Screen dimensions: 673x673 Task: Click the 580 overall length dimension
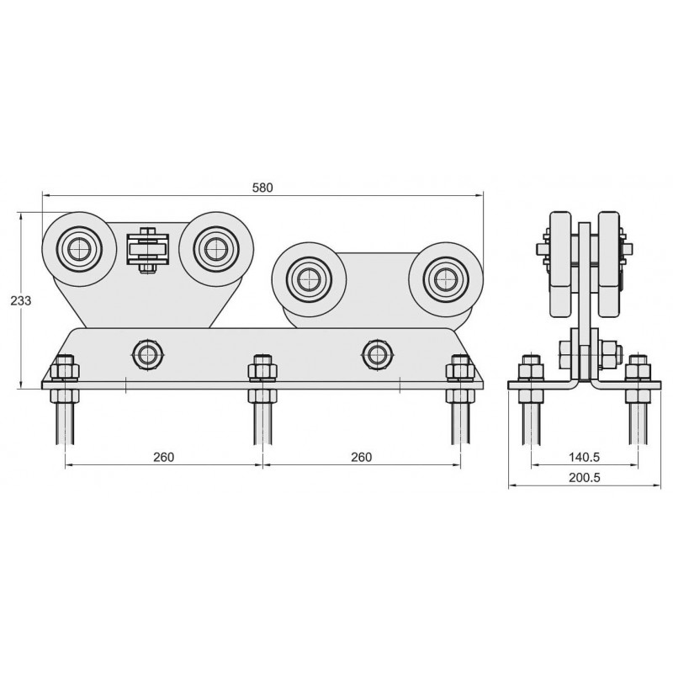[x=262, y=188]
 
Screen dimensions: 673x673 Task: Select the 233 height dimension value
[x=21, y=300]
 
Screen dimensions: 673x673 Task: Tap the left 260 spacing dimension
[x=163, y=457]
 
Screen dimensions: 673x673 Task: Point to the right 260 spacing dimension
[x=362, y=457]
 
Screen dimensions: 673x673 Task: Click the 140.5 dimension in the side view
[x=584, y=457]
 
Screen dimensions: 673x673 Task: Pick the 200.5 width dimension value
[x=584, y=477]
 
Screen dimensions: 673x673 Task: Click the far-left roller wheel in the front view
[x=79, y=248]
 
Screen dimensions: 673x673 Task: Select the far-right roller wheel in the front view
[x=446, y=279]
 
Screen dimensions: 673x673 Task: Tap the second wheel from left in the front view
[x=216, y=248]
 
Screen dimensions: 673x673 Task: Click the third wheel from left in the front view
[x=309, y=279]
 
